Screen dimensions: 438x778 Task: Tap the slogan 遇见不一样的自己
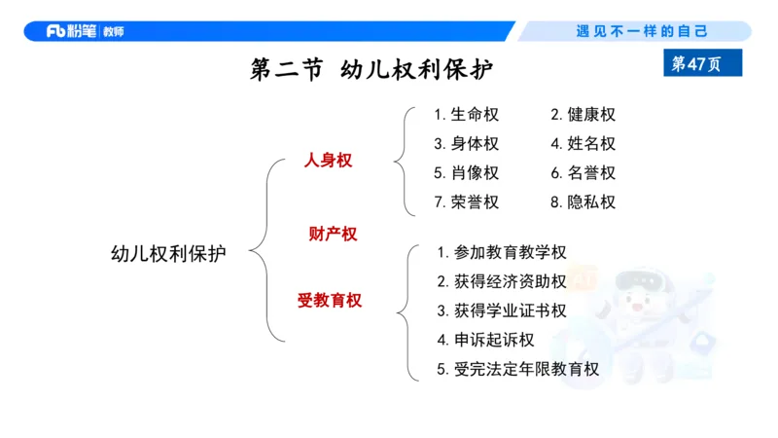[x=642, y=31]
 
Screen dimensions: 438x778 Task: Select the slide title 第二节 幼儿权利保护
[x=371, y=70]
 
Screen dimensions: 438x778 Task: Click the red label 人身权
[x=328, y=161]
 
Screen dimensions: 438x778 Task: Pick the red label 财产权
[x=333, y=234]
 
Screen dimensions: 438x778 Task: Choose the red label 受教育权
[x=330, y=301]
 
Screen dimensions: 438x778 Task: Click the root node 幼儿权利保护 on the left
[x=168, y=254]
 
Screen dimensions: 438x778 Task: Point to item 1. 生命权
[x=466, y=115]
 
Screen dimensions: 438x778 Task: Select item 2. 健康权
[x=583, y=115]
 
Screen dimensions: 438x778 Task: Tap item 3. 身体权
[x=466, y=144]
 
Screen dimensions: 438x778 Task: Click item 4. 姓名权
[x=583, y=144]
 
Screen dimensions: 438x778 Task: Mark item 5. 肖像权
[x=466, y=173]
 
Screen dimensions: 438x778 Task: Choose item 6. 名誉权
[x=583, y=173]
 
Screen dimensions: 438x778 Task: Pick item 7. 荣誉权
[x=466, y=202]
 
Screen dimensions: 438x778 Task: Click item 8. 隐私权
[x=583, y=202]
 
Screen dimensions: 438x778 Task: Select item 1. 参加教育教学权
[x=501, y=252]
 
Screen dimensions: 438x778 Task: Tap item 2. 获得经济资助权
[x=501, y=281]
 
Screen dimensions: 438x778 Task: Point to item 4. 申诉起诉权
[x=485, y=340]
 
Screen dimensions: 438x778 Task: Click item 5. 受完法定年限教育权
[x=517, y=369]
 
